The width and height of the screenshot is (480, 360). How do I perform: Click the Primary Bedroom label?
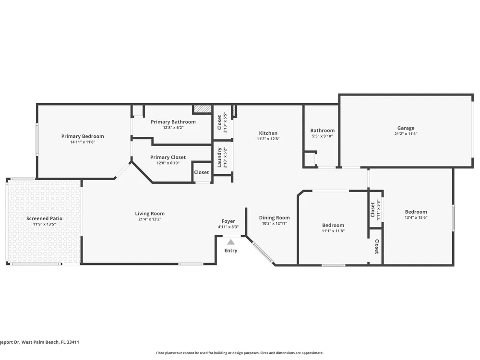(x=83, y=136)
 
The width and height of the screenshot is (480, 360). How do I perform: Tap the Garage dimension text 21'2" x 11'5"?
(x=406, y=133)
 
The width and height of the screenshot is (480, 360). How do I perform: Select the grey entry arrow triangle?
(x=231, y=242)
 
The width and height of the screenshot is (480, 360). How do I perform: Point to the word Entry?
(x=231, y=251)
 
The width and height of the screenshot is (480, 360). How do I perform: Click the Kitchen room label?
(x=268, y=133)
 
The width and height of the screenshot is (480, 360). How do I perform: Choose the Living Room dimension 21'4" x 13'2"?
(x=150, y=219)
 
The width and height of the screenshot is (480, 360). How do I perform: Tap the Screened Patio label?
(x=44, y=218)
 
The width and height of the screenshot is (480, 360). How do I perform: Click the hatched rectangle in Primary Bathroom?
(x=202, y=109)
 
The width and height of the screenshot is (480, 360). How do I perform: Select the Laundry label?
(x=219, y=157)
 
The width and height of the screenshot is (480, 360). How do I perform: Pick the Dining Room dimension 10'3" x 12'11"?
(x=274, y=224)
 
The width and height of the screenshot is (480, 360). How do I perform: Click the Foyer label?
(x=228, y=221)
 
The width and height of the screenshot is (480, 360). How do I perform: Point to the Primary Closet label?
(x=168, y=157)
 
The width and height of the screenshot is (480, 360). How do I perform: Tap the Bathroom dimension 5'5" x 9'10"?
(x=323, y=136)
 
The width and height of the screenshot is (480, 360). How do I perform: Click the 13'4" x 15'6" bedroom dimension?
(x=416, y=217)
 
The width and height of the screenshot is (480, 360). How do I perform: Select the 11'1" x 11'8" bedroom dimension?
(x=333, y=231)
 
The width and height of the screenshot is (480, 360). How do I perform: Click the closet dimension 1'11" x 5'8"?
(x=378, y=210)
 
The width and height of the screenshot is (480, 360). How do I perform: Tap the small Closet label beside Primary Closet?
(x=202, y=172)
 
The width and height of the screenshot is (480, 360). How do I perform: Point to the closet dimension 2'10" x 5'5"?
(x=225, y=122)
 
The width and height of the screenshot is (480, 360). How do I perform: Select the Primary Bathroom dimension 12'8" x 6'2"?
(x=173, y=127)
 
